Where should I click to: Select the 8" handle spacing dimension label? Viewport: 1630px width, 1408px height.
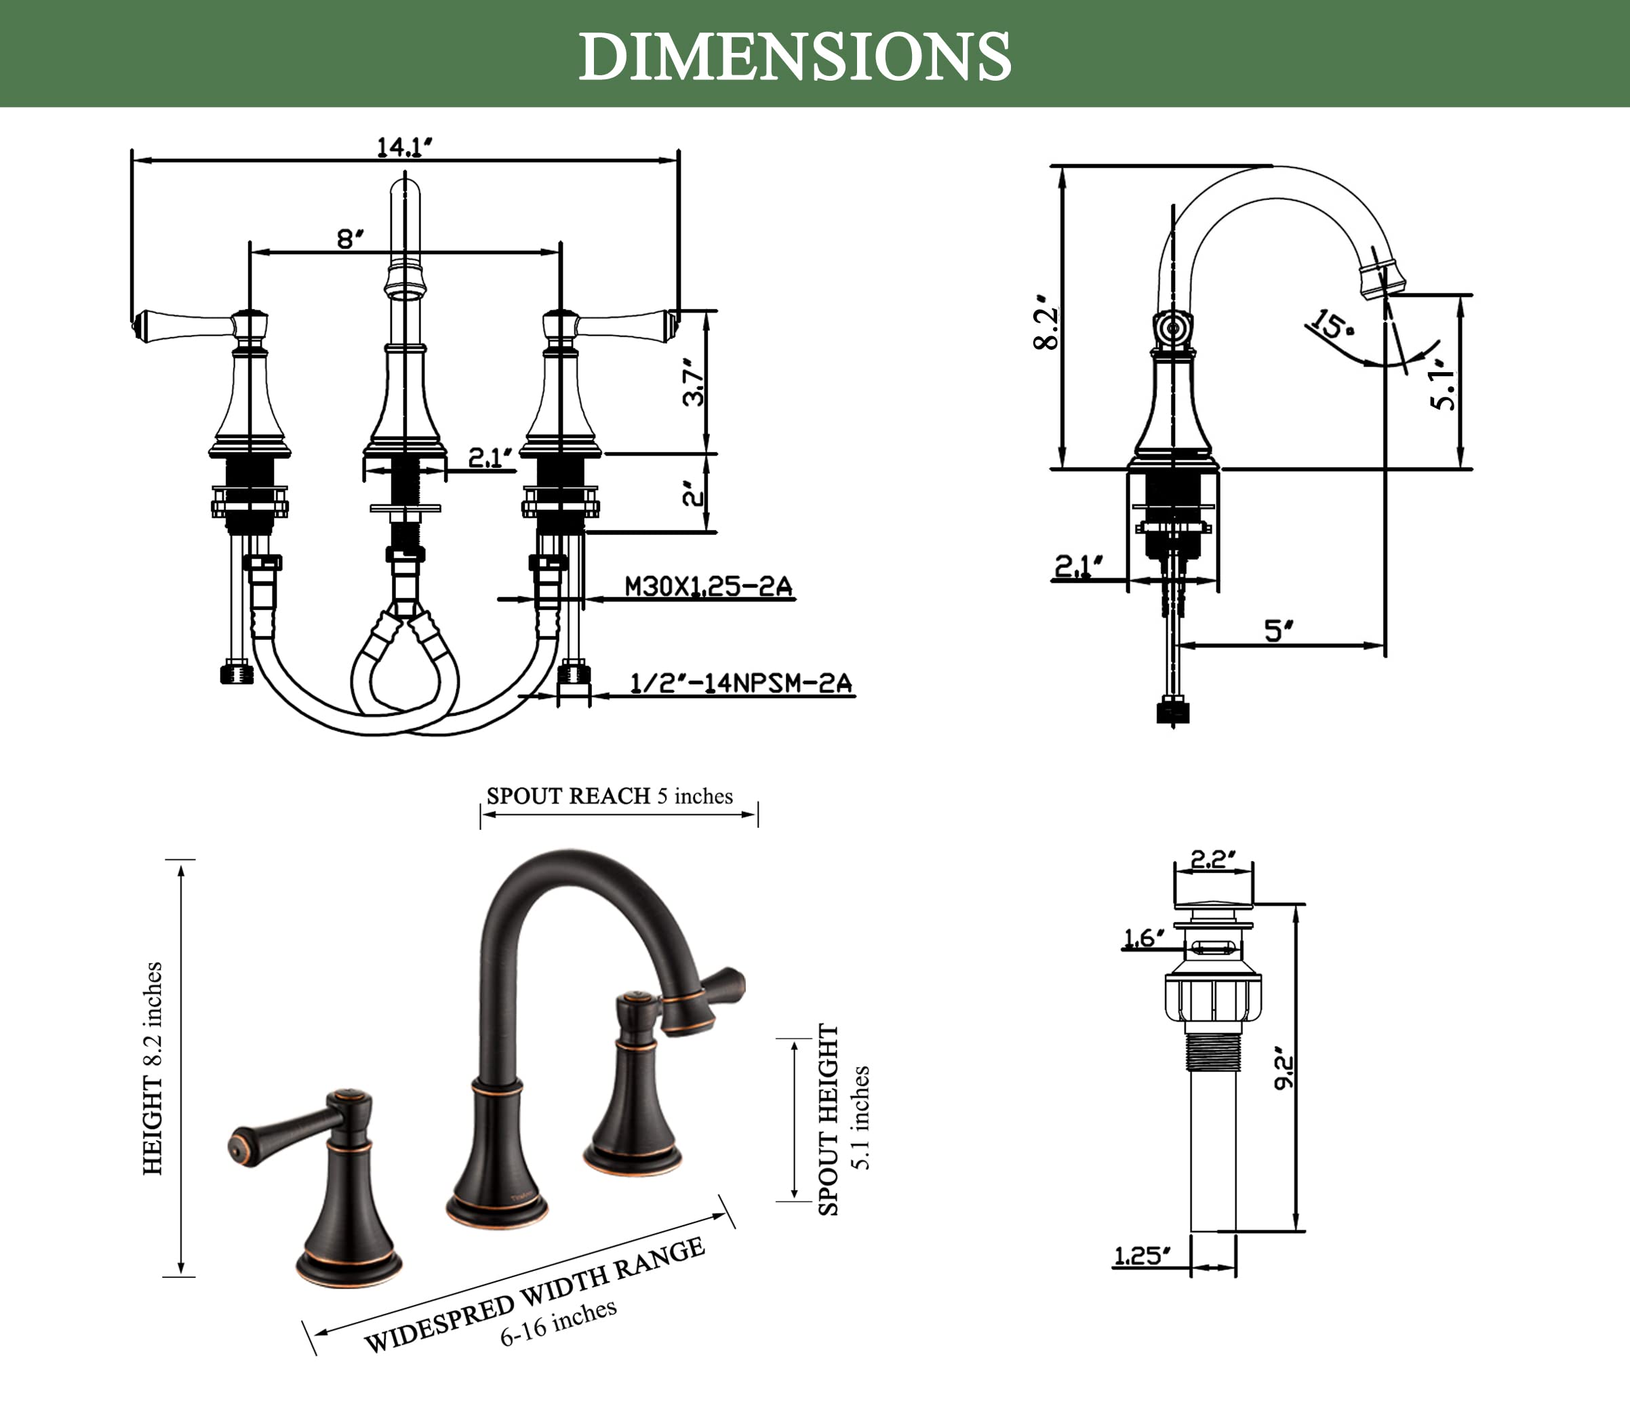point(350,239)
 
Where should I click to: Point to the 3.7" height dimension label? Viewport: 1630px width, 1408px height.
point(693,383)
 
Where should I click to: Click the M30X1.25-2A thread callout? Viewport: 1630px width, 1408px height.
point(708,587)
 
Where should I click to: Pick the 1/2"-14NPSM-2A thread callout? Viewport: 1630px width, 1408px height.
point(741,683)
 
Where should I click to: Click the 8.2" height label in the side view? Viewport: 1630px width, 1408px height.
point(1046,323)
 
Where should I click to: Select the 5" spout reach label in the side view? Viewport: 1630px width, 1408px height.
point(1278,631)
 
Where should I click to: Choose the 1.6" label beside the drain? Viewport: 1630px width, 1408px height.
point(1143,938)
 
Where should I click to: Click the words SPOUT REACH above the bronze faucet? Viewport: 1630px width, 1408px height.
point(568,796)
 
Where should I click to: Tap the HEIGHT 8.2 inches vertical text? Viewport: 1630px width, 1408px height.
point(153,1068)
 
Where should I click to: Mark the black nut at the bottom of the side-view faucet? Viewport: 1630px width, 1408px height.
point(1173,712)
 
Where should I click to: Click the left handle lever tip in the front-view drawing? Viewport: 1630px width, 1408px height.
point(138,325)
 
